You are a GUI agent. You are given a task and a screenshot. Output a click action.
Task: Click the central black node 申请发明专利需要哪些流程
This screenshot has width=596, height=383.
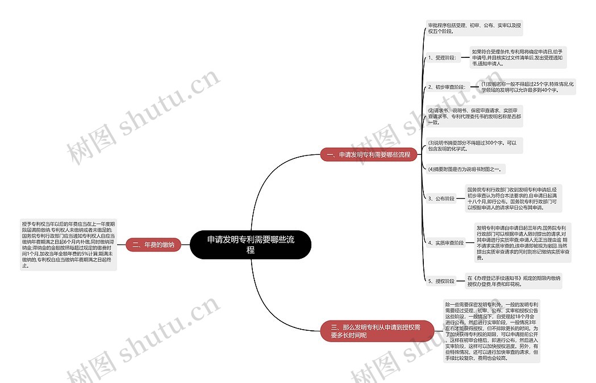click(251, 245)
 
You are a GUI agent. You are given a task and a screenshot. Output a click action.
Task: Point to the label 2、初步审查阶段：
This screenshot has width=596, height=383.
click(448, 87)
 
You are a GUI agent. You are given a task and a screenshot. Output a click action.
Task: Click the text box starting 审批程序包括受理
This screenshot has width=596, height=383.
click(474, 28)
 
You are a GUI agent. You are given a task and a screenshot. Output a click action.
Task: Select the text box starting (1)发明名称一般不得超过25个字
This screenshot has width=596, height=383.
click(528, 87)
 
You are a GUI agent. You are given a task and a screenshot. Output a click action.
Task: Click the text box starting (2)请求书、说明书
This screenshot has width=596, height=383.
click(474, 116)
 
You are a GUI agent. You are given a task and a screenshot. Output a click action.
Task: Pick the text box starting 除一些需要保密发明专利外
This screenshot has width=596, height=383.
click(491, 331)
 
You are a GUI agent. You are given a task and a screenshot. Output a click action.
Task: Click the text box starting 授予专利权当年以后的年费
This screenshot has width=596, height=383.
click(68, 245)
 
